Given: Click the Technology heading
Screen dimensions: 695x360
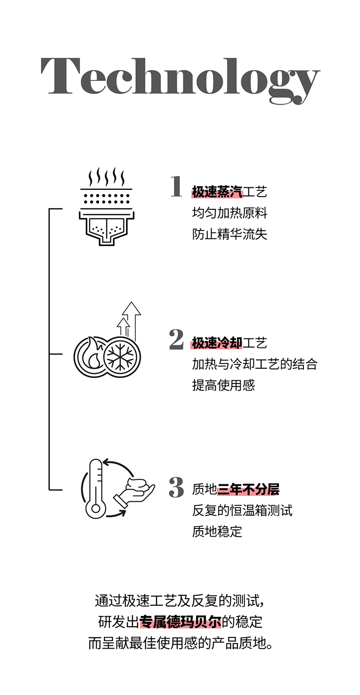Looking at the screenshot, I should [x=180, y=78].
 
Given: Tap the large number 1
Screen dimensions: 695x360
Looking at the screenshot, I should [x=176, y=187].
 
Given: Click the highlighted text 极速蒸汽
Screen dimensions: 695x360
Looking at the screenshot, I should [x=217, y=192].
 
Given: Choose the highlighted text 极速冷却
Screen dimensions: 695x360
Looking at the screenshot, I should [x=217, y=343].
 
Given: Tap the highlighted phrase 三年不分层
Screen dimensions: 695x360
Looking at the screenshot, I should [x=248, y=489].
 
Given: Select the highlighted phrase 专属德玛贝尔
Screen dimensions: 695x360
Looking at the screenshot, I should [x=180, y=622].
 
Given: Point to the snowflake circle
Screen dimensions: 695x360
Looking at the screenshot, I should [x=122, y=356].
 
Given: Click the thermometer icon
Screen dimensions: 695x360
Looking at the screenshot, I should [x=95, y=489].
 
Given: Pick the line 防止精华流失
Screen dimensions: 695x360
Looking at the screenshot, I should [x=229, y=234].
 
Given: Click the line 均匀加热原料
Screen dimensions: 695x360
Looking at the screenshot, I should [x=229, y=213].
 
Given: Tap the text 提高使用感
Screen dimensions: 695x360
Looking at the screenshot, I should [x=223, y=385].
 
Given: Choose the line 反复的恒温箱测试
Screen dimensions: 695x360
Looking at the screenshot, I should [x=242, y=510].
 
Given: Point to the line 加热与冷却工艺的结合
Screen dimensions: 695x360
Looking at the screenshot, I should [x=254, y=364].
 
